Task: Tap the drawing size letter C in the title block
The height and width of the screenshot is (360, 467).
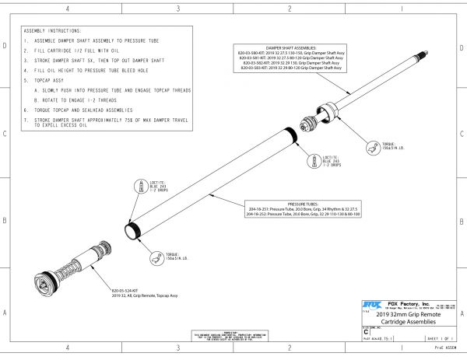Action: [366, 331]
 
